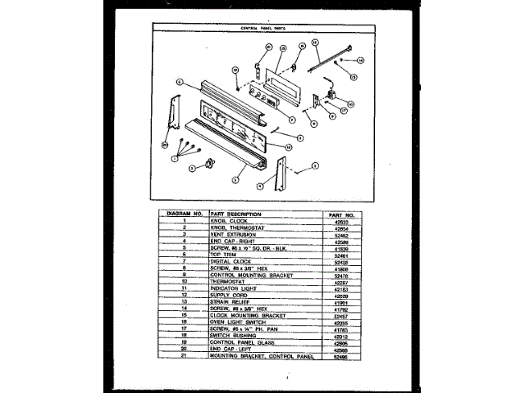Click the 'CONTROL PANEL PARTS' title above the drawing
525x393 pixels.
click(262, 28)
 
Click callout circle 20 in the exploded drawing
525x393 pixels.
click(165, 143)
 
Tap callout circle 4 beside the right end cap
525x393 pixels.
click(259, 186)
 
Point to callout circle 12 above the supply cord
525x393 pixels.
click(314, 42)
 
